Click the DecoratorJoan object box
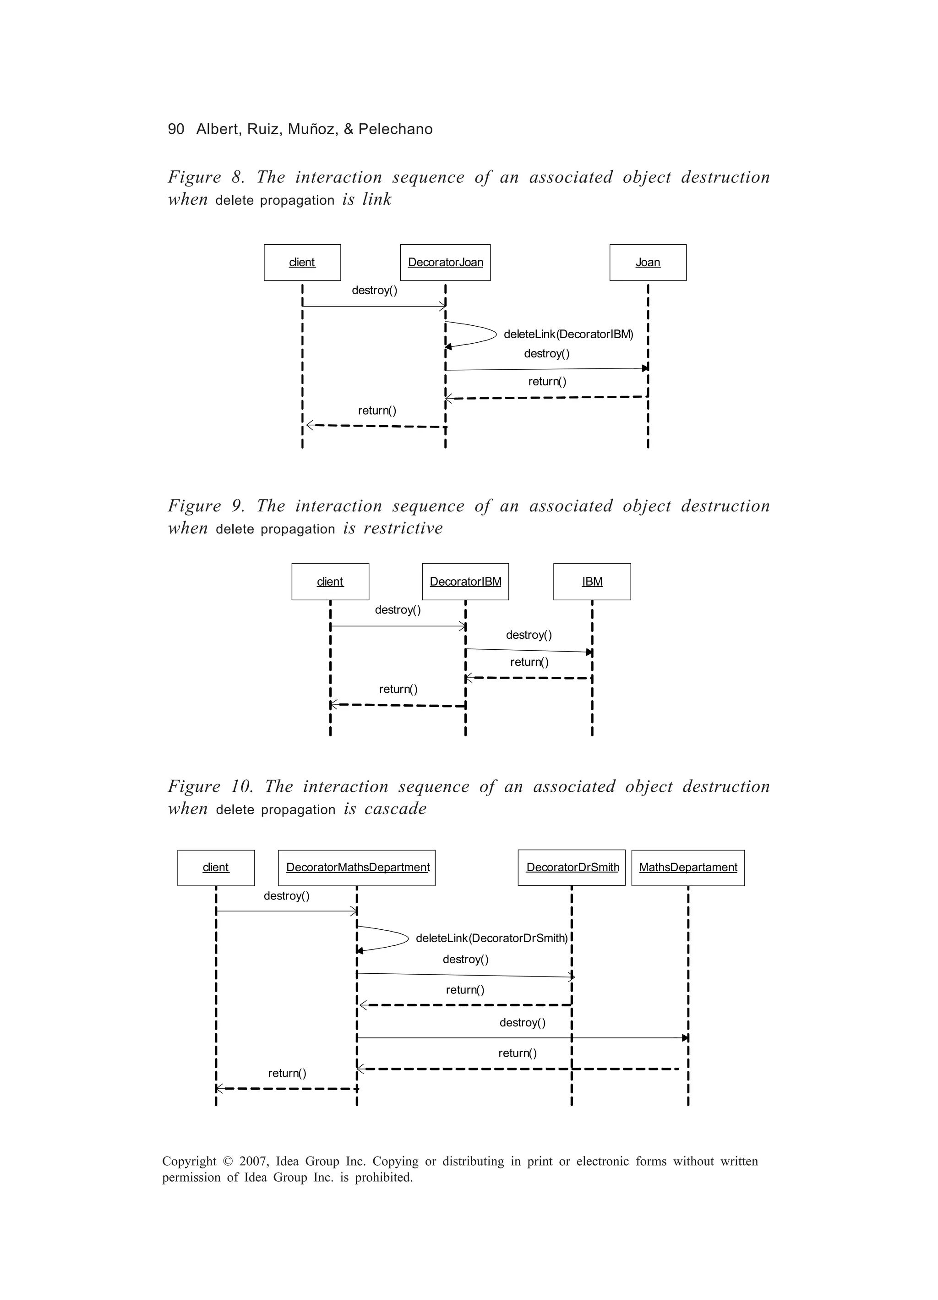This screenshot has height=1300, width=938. (x=445, y=263)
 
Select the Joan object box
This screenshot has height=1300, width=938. (x=648, y=263)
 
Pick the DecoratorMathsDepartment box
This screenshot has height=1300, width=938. (x=357, y=868)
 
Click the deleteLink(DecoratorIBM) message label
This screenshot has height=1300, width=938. (x=568, y=334)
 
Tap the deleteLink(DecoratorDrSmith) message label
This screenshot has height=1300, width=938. (x=491, y=938)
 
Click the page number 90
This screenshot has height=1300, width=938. (x=176, y=129)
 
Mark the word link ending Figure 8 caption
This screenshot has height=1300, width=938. (x=377, y=199)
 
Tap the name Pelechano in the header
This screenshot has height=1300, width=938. (x=395, y=129)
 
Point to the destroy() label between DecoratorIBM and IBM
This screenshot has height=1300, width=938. (x=528, y=635)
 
